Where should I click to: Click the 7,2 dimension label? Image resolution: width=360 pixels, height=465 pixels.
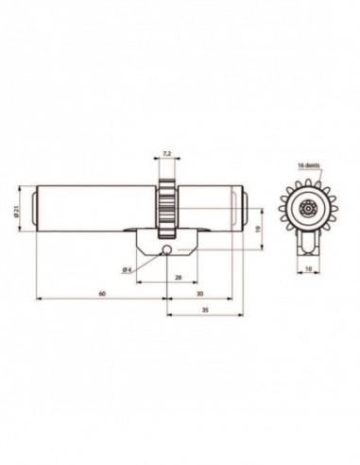click(x=166, y=152)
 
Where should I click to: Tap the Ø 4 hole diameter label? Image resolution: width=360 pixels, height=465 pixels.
click(x=127, y=271)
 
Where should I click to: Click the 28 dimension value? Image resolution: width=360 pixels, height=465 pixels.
click(x=178, y=277)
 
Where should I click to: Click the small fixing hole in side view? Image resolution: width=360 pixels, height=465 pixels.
click(x=166, y=250)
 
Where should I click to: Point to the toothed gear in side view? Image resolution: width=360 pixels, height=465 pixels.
click(x=166, y=203)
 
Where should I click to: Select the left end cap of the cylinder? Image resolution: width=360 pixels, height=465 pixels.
click(x=35, y=209)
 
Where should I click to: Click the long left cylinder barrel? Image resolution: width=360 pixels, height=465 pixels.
click(x=94, y=209)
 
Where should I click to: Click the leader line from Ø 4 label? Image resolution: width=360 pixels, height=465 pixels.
click(x=146, y=262)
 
